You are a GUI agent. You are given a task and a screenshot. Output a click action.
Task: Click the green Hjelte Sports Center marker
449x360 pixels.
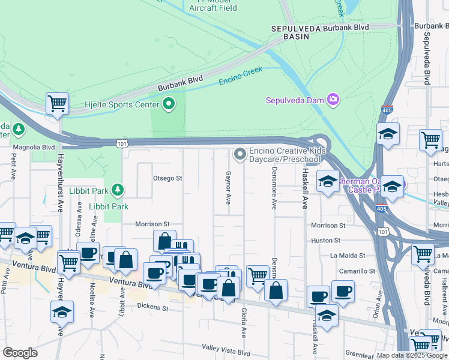pos(169,104)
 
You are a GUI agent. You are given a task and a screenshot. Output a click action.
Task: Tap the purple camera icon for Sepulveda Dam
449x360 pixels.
pos(333,100)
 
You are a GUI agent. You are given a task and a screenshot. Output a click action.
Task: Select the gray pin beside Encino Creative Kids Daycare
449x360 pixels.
pos(240,155)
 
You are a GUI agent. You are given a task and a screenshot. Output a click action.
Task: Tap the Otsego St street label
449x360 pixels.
pos(167,178)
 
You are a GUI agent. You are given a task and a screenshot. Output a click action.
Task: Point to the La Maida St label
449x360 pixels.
pos(345,255)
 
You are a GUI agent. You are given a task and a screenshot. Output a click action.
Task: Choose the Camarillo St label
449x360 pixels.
pos(357,271)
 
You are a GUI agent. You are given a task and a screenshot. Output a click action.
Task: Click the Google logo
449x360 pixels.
pos(20,353)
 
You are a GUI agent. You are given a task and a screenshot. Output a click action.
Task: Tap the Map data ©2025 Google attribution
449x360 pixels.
pos(412,355)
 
